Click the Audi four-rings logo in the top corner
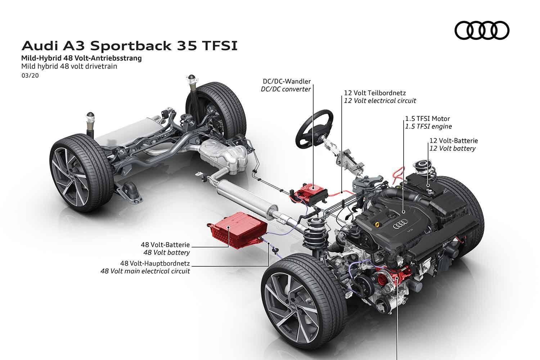[482, 31]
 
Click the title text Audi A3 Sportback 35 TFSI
[130, 46]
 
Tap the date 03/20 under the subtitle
[30, 76]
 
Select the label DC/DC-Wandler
[287, 81]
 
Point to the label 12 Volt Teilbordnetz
[375, 93]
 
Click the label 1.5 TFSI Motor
[427, 119]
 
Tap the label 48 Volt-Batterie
[165, 245]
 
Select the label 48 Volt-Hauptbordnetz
[155, 263]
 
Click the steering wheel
[314, 129]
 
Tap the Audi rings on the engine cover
[400, 224]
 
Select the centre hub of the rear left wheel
[71, 177]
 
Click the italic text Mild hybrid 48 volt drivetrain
[69, 66]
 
